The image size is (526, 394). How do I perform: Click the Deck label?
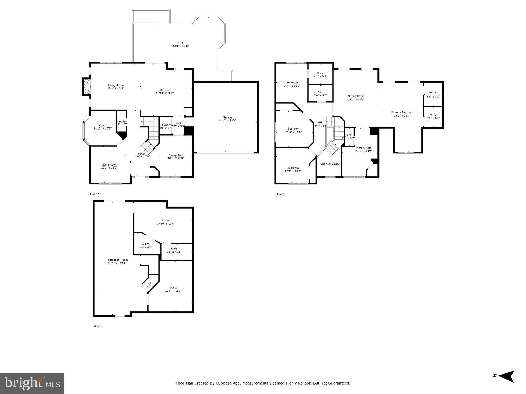click(180, 45)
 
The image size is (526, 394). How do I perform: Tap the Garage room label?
click(227, 119)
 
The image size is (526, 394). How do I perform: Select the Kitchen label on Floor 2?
click(165, 92)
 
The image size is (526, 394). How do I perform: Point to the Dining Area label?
click(176, 157)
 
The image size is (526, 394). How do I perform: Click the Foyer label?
click(141, 155)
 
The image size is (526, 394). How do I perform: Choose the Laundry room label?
click(165, 126)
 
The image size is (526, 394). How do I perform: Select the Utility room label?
click(173, 289)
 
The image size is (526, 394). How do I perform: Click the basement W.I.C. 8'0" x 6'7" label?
click(145, 246)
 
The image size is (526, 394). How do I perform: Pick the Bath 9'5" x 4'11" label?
click(174, 250)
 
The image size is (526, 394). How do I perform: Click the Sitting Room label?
click(356, 98)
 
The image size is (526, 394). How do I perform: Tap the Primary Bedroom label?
click(402, 114)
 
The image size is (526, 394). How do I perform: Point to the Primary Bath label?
click(363, 150)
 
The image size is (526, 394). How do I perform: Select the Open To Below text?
click(329, 164)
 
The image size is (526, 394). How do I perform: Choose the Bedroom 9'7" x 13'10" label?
click(292, 84)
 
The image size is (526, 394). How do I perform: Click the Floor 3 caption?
click(280, 194)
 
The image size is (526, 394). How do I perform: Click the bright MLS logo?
click(32, 383)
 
